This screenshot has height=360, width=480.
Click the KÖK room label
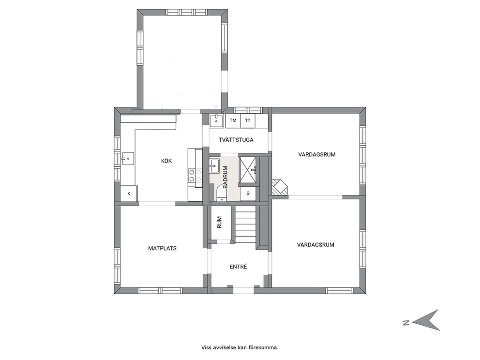(x=166, y=161)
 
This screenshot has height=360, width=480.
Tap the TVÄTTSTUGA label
(x=236, y=140)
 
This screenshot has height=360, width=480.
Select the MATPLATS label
(x=162, y=248)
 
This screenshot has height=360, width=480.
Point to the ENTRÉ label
(x=238, y=267)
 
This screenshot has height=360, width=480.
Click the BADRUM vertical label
(x=225, y=177)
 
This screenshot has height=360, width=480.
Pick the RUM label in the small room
(x=219, y=223)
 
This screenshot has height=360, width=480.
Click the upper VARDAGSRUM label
(x=317, y=154)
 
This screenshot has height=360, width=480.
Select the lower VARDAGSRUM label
(x=315, y=244)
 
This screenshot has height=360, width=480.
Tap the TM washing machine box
(x=233, y=120)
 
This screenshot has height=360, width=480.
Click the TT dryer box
(x=248, y=120)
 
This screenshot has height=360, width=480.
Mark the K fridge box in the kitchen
(x=129, y=194)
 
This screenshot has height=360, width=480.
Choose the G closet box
(x=248, y=193)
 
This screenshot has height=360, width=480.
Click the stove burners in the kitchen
(x=195, y=176)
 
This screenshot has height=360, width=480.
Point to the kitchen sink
(x=128, y=159)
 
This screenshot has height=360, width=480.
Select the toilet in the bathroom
(x=221, y=193)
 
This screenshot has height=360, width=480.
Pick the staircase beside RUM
(x=245, y=224)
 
